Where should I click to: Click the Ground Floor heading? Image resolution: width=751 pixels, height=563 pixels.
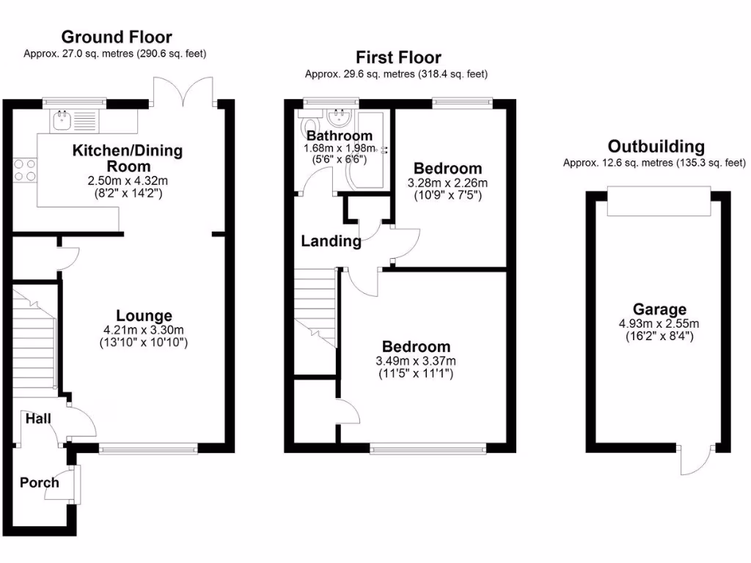[x=116, y=37]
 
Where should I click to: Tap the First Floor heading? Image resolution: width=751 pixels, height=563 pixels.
[x=398, y=57]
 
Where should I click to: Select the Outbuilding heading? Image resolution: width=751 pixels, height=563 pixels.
[x=656, y=147]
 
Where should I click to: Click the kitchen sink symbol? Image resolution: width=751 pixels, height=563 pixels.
[x=62, y=119]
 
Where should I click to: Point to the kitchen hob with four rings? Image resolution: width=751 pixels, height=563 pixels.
[x=24, y=169]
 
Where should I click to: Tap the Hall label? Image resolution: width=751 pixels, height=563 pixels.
[x=38, y=419]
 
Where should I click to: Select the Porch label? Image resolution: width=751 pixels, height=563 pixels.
[x=39, y=482]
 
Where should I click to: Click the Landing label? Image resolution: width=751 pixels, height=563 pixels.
[x=331, y=241]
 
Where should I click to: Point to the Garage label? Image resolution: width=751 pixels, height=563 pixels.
[x=659, y=309]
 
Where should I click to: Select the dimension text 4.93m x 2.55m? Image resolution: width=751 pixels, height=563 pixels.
[x=659, y=323]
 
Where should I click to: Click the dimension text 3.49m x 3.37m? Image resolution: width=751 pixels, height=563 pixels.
[x=416, y=361]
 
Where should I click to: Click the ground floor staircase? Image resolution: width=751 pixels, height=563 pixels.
[x=34, y=337]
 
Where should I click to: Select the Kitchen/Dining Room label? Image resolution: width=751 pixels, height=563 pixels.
[x=127, y=158]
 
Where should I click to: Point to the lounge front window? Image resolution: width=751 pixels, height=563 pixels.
[x=148, y=447]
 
